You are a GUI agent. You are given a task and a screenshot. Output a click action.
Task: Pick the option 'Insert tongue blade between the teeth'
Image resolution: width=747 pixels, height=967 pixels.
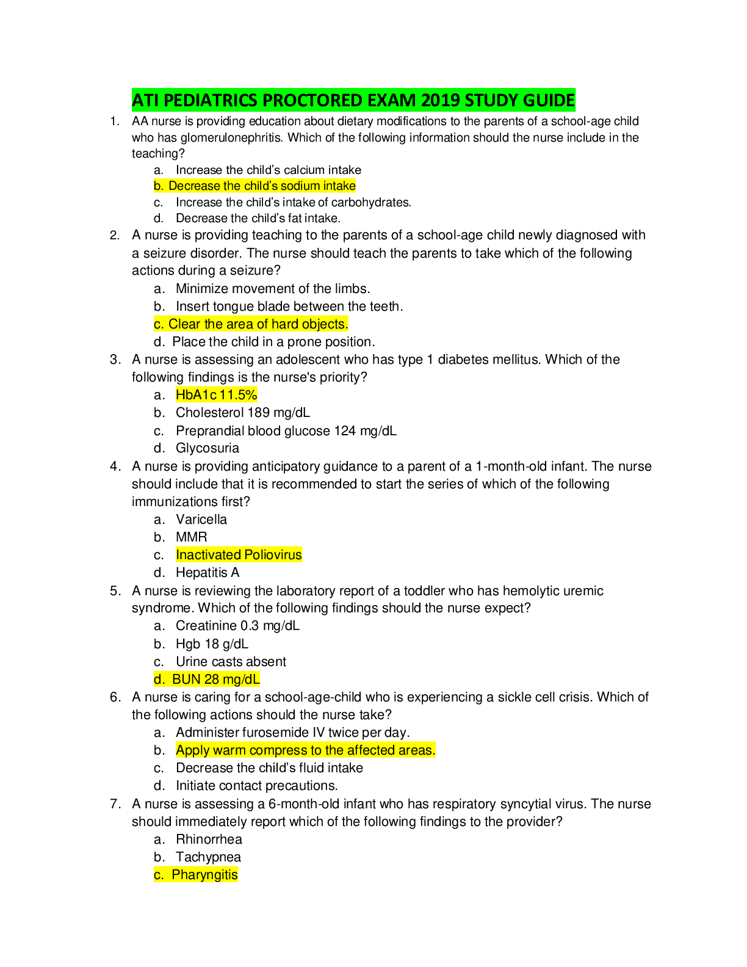(289, 306)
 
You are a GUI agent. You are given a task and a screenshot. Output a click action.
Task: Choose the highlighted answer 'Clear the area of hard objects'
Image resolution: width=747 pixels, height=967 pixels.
(258, 324)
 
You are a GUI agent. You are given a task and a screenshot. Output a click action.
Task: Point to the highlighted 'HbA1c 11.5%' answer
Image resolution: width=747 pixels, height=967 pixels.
(216, 395)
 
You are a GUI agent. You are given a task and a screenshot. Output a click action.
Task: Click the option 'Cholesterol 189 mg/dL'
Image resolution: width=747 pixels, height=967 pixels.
(242, 413)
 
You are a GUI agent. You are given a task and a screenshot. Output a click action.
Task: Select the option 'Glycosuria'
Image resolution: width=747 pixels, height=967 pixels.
(207, 448)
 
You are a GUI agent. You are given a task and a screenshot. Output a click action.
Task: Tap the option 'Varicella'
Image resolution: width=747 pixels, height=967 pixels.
(201, 520)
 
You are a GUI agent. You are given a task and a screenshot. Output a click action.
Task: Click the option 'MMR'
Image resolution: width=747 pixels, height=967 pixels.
(191, 537)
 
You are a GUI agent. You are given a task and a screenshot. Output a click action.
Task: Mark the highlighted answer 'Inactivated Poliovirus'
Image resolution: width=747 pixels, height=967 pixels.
(239, 555)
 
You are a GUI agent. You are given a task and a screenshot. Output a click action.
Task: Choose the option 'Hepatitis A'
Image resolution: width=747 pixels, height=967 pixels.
(208, 573)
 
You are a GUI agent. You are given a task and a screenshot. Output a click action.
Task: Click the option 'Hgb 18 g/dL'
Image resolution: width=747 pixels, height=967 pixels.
(212, 644)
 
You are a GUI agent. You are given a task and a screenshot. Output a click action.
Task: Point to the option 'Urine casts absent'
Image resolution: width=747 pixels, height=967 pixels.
(231, 662)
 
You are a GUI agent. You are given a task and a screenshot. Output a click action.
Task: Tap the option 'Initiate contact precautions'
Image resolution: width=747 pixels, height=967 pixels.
(256, 786)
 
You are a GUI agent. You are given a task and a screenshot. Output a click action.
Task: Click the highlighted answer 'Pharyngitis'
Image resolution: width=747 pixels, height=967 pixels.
(204, 875)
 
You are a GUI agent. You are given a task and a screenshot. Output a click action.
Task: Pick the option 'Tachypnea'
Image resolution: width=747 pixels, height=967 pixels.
(208, 857)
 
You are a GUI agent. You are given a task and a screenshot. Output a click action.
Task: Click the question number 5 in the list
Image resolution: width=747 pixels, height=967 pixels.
(115, 591)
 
